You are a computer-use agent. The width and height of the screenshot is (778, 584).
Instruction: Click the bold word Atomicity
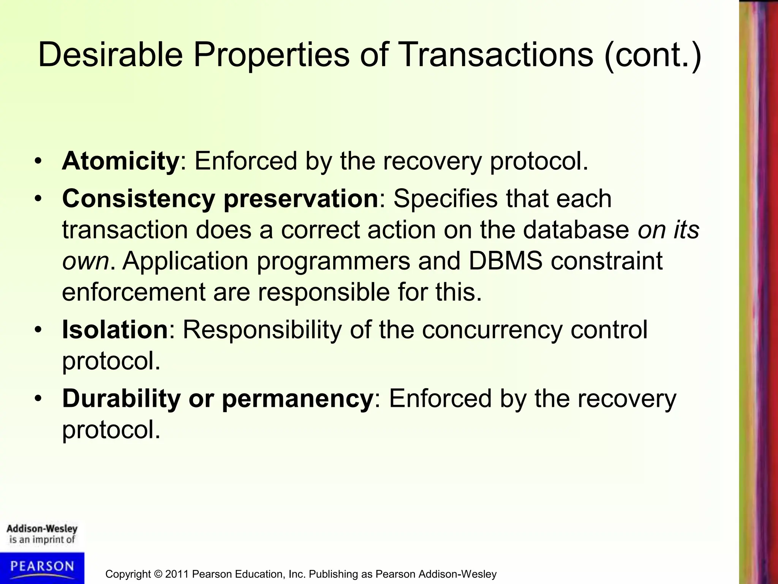coord(120,161)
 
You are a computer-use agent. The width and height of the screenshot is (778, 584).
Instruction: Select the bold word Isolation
coord(115,329)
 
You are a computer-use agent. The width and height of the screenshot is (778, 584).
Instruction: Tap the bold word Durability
coord(121,398)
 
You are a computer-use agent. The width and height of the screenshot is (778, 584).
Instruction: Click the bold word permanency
coord(297,399)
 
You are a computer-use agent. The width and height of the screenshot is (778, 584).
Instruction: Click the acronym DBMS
coord(505,261)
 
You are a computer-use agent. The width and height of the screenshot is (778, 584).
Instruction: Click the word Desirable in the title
coord(110,55)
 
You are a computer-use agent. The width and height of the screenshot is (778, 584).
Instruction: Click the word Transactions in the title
coord(496,55)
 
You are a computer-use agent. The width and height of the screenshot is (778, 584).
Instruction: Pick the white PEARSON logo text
coord(42,567)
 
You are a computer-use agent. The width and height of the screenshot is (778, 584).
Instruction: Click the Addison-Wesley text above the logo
coord(42,529)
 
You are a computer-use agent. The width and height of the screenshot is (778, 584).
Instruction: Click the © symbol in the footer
coord(158,574)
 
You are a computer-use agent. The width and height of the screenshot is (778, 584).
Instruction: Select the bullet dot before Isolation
coord(38,330)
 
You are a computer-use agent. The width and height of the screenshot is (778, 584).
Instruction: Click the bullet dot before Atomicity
coord(38,162)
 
